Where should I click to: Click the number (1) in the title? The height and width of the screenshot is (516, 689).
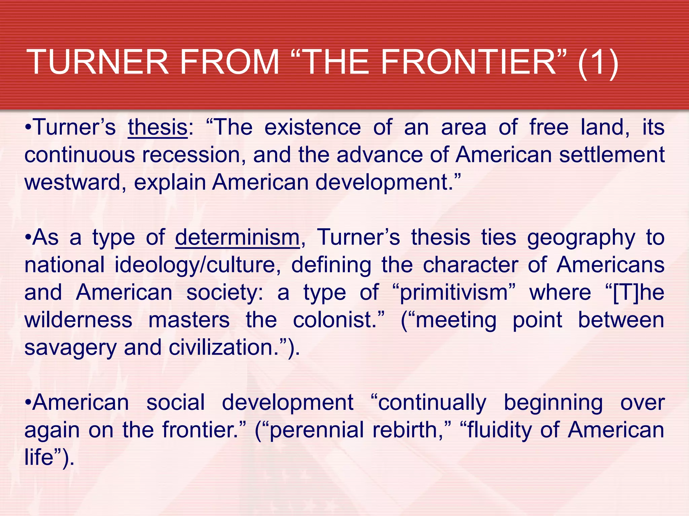pos(598,62)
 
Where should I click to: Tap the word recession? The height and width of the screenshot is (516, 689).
pos(191,155)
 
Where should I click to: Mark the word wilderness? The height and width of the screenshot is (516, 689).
pos(78,320)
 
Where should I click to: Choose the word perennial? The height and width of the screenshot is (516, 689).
pos(317,430)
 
